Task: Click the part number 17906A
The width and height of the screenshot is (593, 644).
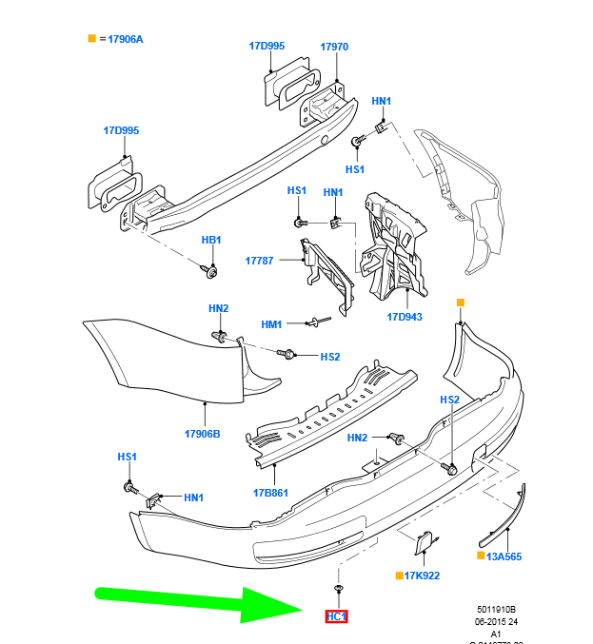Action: [125, 39]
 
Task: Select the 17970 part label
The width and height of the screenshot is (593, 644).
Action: [334, 46]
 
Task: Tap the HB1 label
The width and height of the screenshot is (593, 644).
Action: [210, 240]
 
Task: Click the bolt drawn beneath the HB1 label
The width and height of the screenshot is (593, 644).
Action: [211, 273]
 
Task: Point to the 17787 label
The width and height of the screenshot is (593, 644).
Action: [259, 260]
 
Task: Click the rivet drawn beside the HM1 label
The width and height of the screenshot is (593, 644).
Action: [318, 323]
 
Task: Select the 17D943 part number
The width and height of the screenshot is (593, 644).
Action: [405, 318]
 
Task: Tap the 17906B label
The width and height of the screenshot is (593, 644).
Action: [202, 434]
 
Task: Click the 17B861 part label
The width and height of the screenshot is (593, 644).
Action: [271, 493]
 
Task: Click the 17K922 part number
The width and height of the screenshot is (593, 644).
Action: [422, 576]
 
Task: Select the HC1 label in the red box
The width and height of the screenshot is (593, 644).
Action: [337, 616]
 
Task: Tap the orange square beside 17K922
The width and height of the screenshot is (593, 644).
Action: [399, 576]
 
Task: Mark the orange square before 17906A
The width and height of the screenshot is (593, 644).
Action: [91, 39]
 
